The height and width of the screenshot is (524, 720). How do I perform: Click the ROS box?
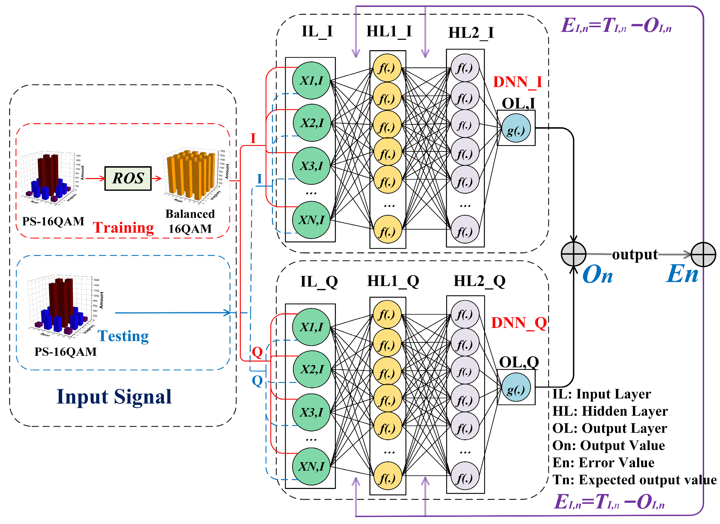click(128, 179)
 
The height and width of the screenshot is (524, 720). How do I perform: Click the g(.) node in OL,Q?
click(516, 387)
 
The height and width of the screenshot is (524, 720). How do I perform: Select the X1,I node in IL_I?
click(311, 81)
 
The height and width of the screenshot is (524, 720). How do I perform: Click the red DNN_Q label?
click(518, 323)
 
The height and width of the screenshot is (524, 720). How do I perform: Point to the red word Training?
click(123, 228)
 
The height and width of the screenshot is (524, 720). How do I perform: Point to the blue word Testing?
click(123, 336)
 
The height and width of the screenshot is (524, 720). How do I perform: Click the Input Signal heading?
click(114, 396)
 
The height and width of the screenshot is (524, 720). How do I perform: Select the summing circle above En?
click(704, 254)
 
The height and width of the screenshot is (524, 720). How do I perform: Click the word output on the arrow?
click(635, 254)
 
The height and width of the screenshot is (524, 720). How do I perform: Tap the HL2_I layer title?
click(471, 33)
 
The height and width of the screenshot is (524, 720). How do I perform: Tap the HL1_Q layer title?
click(393, 281)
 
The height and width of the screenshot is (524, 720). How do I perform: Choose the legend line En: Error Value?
click(603, 463)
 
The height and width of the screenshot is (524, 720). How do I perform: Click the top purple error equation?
click(616, 25)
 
